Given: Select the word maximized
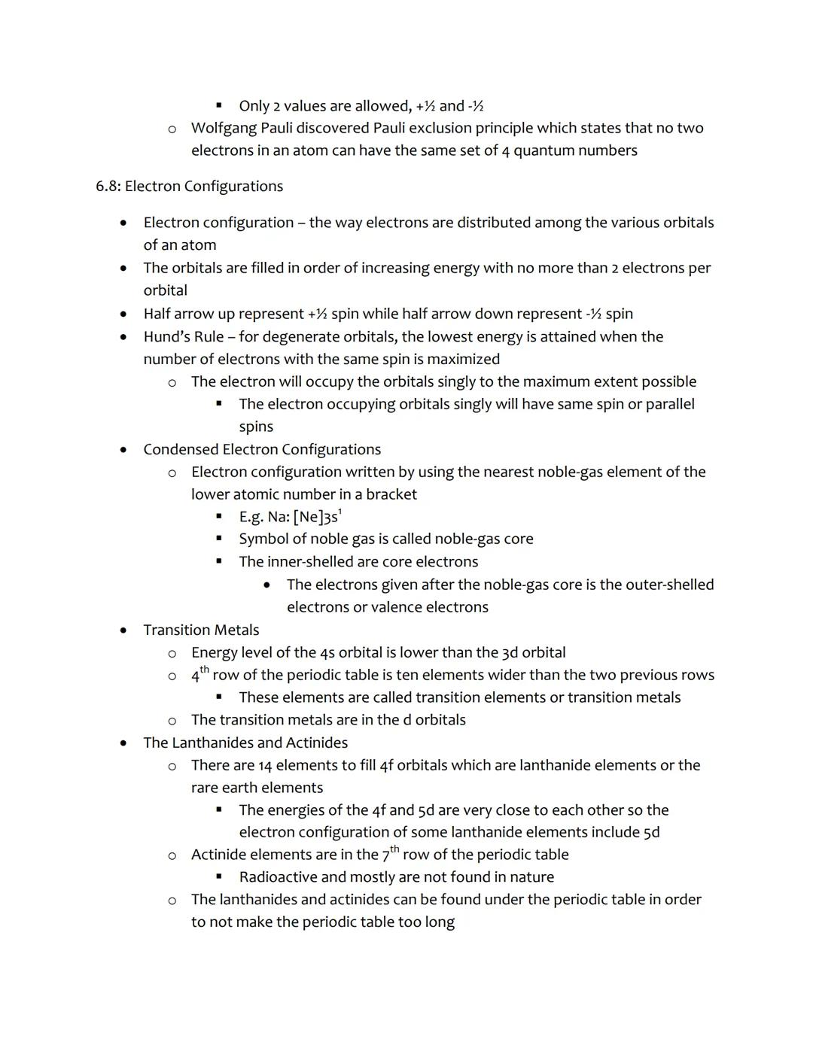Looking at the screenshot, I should tap(464, 359).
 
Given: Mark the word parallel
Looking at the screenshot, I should tap(670, 404).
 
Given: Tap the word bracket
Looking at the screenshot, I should tap(391, 494).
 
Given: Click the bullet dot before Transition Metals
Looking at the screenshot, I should tap(123, 630).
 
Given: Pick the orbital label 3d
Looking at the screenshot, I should tap(510, 652).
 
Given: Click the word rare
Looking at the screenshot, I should tap(206, 788).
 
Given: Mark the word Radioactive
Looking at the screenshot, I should tap(278, 877).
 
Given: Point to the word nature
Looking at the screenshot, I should tap(531, 877).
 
